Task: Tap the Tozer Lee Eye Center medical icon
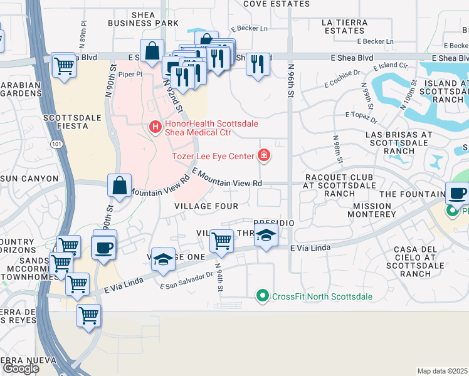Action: click(x=264, y=155)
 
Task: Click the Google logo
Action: click(x=21, y=368)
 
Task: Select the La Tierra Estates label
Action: click(x=343, y=26)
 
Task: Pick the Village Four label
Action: click(x=206, y=206)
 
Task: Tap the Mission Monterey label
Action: click(x=374, y=210)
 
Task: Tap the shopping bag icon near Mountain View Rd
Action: click(x=119, y=185)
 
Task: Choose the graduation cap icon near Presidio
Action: click(x=266, y=237)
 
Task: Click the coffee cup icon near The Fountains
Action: click(x=457, y=193)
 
